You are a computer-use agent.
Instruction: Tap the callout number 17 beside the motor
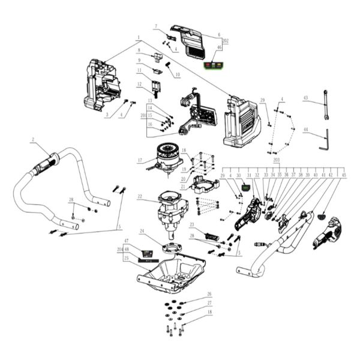pyautogui.click(x=139, y=160)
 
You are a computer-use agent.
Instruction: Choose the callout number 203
pyautogui.click(x=276, y=161)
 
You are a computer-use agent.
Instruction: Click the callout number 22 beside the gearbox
pyautogui.click(x=139, y=196)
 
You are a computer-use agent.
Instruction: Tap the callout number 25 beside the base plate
pyautogui.click(x=127, y=259)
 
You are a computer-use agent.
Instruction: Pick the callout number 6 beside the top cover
pyautogui.click(x=219, y=34)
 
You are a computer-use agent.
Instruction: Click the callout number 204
pyautogui.click(x=119, y=248)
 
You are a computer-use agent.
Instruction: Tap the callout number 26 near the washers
pyautogui.click(x=209, y=294)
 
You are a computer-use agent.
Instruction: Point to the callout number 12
pyautogui.click(x=139, y=84)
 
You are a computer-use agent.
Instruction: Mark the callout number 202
pyautogui.click(x=226, y=40)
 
